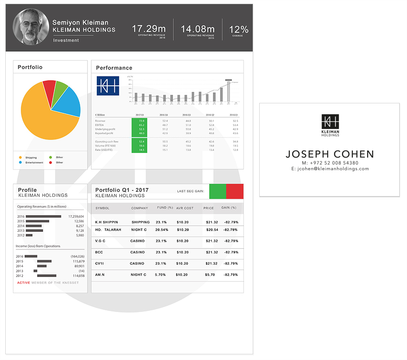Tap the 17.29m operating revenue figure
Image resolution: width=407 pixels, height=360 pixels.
point(149,29)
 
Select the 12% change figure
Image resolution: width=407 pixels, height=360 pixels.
point(239,29)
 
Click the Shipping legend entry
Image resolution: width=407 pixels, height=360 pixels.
point(31,157)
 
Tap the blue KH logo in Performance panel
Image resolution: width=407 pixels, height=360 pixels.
point(108,86)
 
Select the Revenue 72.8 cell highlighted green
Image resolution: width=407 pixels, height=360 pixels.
point(141,121)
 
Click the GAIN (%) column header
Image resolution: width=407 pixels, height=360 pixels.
point(229,208)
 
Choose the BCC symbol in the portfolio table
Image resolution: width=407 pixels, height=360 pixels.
point(99,252)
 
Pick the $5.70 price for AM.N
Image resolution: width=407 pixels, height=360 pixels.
point(210,275)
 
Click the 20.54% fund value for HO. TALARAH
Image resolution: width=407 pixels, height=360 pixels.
point(162,230)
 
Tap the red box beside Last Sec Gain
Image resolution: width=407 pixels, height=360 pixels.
point(234,191)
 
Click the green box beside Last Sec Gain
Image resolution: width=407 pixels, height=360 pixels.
point(217,191)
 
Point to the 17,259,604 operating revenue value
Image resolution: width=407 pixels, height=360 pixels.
point(76,216)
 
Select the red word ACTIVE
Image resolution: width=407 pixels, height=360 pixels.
point(24,283)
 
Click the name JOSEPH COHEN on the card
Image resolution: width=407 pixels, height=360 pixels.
point(330,154)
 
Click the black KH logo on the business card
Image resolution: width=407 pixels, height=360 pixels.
point(330,121)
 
